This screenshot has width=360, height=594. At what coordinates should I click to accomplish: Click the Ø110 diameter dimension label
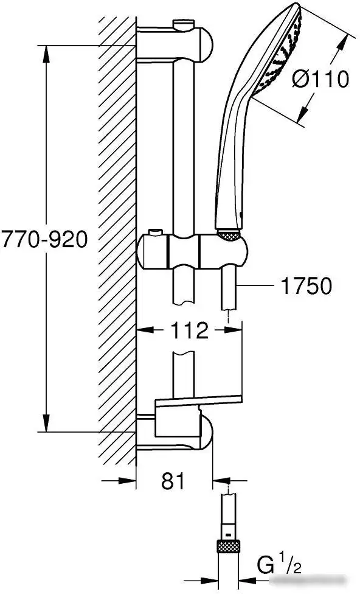pos(320,80)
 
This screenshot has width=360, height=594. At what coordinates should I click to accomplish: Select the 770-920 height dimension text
pos(44,239)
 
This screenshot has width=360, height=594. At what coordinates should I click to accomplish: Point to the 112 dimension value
pos(189,330)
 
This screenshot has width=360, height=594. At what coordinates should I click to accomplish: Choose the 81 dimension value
pos(173,481)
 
